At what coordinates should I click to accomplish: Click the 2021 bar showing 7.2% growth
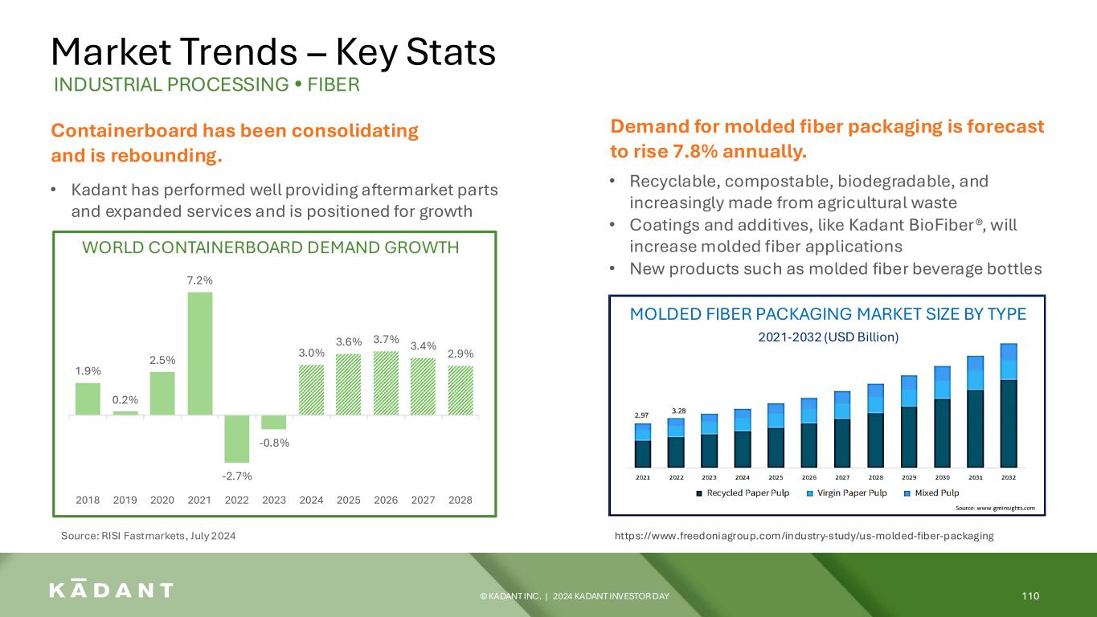point(200,353)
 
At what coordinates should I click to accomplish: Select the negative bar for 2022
point(237,439)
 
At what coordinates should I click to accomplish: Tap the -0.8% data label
point(274,443)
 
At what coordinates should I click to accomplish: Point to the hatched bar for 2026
point(386,383)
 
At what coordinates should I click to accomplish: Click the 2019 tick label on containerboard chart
point(125,500)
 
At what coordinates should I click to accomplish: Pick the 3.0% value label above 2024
point(312,353)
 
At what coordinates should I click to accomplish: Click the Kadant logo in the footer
point(111,589)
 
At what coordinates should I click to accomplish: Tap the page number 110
point(1030,596)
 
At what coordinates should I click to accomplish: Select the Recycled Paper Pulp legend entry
point(743,492)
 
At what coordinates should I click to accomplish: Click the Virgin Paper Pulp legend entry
point(847,492)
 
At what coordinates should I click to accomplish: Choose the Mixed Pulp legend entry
point(931,492)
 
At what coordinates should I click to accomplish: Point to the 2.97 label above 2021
point(641,415)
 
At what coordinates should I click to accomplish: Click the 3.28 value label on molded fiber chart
point(678,411)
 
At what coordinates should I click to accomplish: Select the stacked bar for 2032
point(1009,406)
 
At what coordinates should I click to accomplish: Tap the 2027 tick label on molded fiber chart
point(842,477)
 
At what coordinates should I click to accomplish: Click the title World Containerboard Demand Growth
point(270,247)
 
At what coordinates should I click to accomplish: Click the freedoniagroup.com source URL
point(804,536)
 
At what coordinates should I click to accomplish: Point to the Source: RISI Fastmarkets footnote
point(149,536)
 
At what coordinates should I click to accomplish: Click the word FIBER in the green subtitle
point(334,84)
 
